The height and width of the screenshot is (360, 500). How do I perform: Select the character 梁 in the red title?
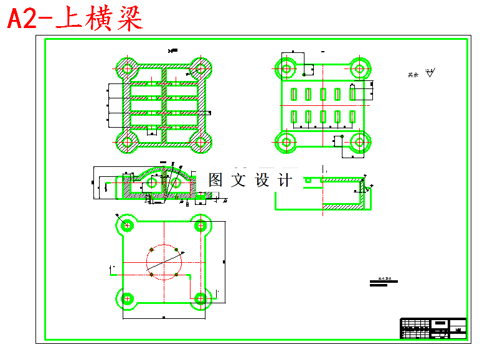(x=128, y=19)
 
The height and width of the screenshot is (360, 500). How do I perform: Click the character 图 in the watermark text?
(x=215, y=180)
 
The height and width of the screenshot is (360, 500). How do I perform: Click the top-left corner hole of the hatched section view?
(x=127, y=68)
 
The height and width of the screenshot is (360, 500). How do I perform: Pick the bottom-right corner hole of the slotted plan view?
(x=359, y=142)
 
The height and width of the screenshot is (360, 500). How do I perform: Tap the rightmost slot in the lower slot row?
(x=353, y=116)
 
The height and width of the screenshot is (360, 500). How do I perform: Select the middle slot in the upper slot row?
(x=323, y=94)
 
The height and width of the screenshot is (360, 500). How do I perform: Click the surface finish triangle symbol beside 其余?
(x=430, y=73)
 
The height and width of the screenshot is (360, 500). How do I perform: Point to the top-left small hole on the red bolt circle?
(x=149, y=250)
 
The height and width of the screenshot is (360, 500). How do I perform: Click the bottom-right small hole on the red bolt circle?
(x=177, y=274)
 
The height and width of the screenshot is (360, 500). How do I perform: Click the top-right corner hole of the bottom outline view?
(x=200, y=225)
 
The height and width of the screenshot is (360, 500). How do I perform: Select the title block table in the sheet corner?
(x=433, y=328)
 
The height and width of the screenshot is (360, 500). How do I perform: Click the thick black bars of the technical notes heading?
(x=384, y=283)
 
